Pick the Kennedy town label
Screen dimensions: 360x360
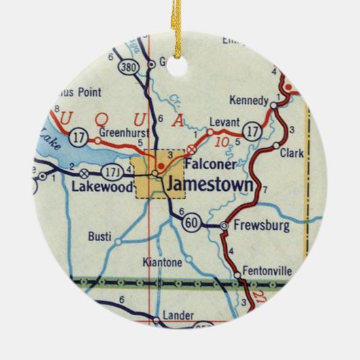(x=249, y=101)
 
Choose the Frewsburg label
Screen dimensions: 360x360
(x=260, y=223)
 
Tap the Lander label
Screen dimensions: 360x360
(x=179, y=316)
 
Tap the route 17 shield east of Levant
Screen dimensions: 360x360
(x=253, y=128)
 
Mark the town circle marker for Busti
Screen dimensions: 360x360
(x=118, y=240)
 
